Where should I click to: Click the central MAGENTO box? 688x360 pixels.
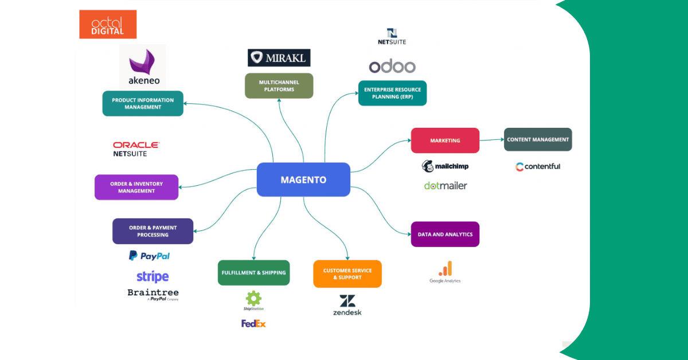(303, 179)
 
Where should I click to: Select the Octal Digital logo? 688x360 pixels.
(108, 24)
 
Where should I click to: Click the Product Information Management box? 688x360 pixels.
(143, 103)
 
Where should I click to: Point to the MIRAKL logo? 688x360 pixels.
(279, 57)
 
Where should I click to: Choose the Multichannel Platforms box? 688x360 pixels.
(279, 85)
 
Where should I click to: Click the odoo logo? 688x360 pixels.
(392, 66)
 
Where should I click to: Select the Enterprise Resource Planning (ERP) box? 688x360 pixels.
(392, 93)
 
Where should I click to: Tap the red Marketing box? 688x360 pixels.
(445, 140)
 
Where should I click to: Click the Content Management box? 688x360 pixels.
(538, 139)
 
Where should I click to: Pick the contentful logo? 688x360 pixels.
(538, 167)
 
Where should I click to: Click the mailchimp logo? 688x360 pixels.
(444, 166)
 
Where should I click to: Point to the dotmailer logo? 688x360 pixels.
(445, 186)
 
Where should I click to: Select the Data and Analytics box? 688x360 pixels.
(445, 234)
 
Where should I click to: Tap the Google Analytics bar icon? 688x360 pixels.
(445, 268)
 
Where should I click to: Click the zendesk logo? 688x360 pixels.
(347, 305)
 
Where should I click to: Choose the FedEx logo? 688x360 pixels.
(253, 324)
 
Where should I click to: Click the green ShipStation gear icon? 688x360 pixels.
(253, 298)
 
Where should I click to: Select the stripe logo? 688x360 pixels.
(153, 276)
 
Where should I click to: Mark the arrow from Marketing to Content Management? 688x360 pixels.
(491, 139)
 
